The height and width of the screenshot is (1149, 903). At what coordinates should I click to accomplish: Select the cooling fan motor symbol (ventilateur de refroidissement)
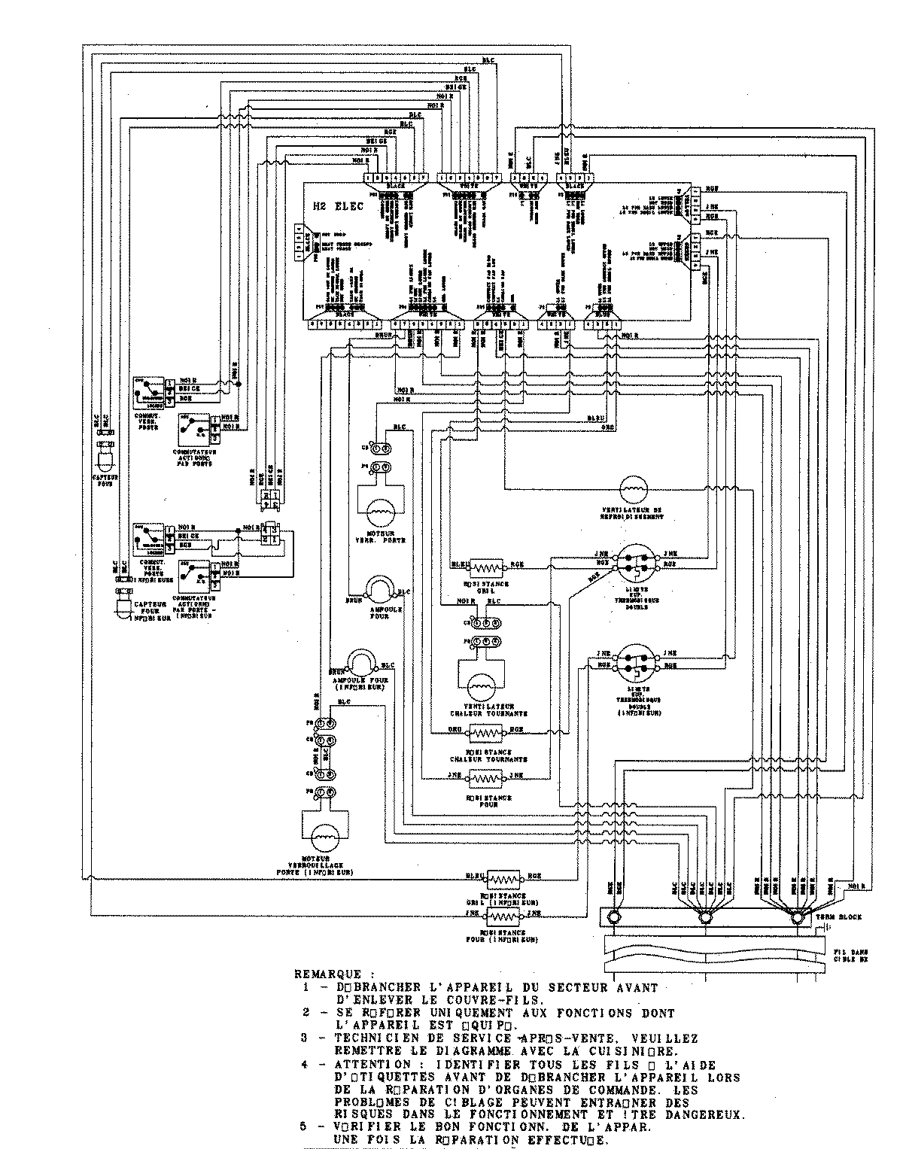632,490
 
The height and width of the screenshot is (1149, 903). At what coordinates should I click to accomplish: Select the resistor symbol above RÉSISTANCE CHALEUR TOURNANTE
488,731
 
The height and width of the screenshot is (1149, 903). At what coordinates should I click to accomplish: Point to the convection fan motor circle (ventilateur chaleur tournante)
480,687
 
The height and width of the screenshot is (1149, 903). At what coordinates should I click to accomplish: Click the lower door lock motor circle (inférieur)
324,831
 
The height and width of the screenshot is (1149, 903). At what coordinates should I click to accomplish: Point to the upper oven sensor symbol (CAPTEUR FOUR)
104,457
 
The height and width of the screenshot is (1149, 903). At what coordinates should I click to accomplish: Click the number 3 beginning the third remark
306,1038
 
